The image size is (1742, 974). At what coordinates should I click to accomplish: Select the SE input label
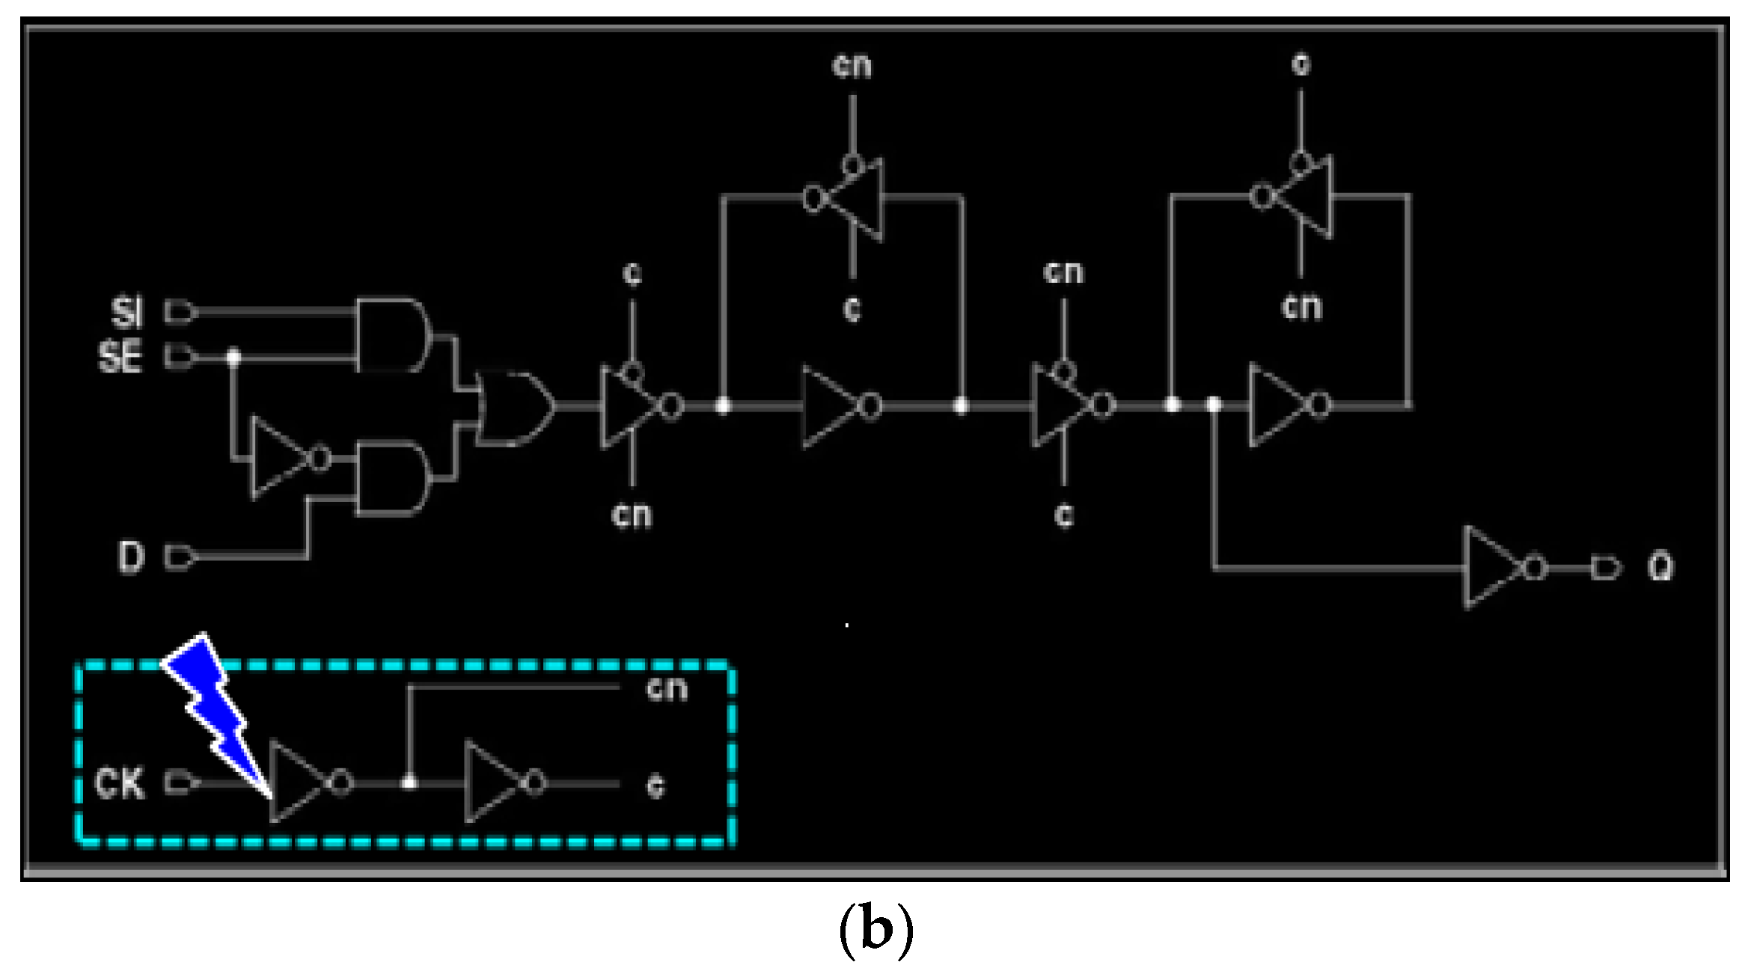tap(120, 356)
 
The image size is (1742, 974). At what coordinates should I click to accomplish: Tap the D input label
tap(130, 557)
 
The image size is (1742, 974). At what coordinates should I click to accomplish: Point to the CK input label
tap(119, 783)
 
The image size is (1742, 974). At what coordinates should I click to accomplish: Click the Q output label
tap(1660, 567)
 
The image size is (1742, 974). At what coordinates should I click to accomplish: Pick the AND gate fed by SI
tap(391, 334)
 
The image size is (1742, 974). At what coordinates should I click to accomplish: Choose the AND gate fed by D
tap(391, 479)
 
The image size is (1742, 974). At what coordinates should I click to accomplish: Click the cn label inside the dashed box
tap(666, 688)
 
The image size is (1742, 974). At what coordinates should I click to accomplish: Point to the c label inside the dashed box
tap(655, 785)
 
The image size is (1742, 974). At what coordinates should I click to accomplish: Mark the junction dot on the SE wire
tap(233, 357)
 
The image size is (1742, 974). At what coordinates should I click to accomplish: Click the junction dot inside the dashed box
tap(409, 782)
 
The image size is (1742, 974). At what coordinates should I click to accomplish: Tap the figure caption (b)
tap(875, 930)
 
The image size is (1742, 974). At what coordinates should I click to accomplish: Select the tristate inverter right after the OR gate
tap(632, 405)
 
